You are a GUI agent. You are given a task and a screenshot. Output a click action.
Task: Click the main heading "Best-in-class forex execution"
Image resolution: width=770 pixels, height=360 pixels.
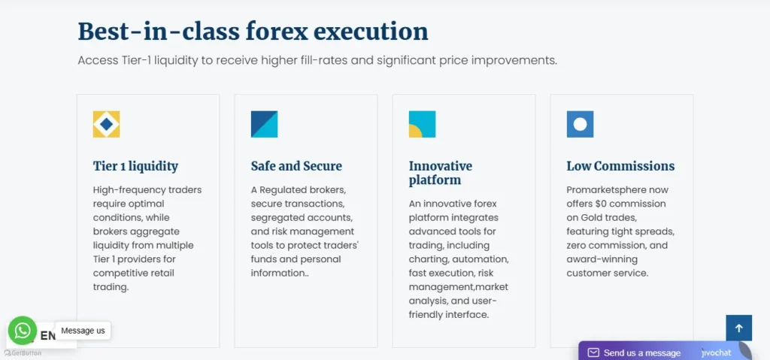point(253,32)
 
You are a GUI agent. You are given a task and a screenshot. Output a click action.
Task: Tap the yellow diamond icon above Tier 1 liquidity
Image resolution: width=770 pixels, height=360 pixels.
point(106,124)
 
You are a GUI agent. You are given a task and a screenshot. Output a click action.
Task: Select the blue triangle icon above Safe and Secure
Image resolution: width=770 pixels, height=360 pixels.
point(264,124)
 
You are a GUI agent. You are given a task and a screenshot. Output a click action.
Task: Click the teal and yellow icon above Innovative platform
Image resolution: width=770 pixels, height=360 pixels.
point(422,124)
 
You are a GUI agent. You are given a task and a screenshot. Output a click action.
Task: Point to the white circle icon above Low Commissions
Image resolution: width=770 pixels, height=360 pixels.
point(580,124)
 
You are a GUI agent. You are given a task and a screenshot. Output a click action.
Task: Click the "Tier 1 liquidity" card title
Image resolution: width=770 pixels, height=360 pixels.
point(135,166)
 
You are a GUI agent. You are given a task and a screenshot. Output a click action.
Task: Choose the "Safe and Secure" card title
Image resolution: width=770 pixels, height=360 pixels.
point(296,166)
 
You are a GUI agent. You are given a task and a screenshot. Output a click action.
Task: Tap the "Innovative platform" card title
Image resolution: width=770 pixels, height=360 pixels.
point(441,173)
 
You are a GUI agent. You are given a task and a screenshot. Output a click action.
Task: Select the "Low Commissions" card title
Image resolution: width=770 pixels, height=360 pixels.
point(620,166)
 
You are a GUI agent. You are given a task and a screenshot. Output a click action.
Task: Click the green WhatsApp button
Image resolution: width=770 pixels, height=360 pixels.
point(22,331)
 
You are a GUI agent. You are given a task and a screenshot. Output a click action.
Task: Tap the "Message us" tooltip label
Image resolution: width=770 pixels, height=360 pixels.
point(83,331)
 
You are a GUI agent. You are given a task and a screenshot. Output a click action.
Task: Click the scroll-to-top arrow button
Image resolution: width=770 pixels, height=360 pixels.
point(739,328)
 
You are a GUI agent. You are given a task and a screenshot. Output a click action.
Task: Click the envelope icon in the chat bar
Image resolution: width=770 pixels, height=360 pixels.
point(593,352)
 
